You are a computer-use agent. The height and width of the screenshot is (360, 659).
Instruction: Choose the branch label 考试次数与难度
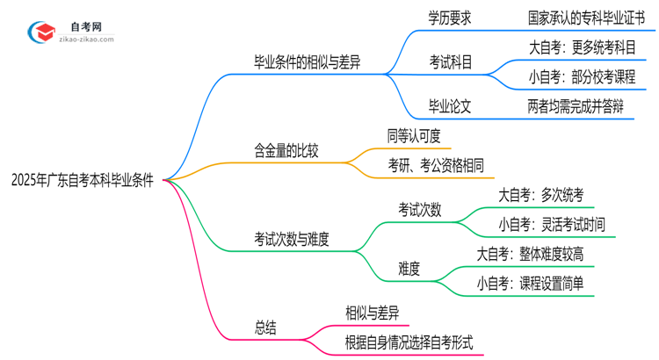click(x=292, y=239)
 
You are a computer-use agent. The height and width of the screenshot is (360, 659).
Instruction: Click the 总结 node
click(x=265, y=328)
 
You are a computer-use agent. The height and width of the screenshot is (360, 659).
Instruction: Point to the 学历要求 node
click(x=450, y=18)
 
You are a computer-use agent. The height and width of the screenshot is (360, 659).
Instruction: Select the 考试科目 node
click(x=450, y=63)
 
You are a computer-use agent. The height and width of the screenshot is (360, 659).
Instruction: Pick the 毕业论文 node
click(x=450, y=107)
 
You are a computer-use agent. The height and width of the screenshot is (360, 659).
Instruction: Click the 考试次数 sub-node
click(x=419, y=210)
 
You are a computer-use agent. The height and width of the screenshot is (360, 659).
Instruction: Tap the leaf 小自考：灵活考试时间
click(x=551, y=225)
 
